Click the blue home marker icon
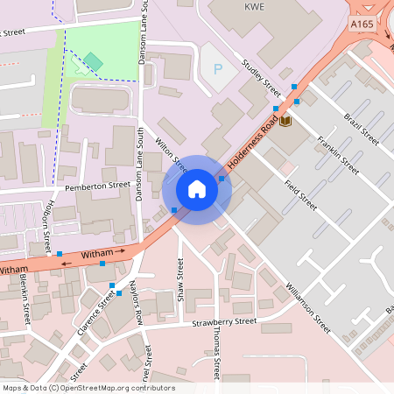tap(197, 189)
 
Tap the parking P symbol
tap(217, 68)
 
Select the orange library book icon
tap(286, 120)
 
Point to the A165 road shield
tap(362, 26)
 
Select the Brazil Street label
tap(360, 129)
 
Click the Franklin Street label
tap(339, 154)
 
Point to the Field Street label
tap(299, 194)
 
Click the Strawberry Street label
tap(224, 322)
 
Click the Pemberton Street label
tap(97, 186)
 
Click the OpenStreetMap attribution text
tap(88, 388)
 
